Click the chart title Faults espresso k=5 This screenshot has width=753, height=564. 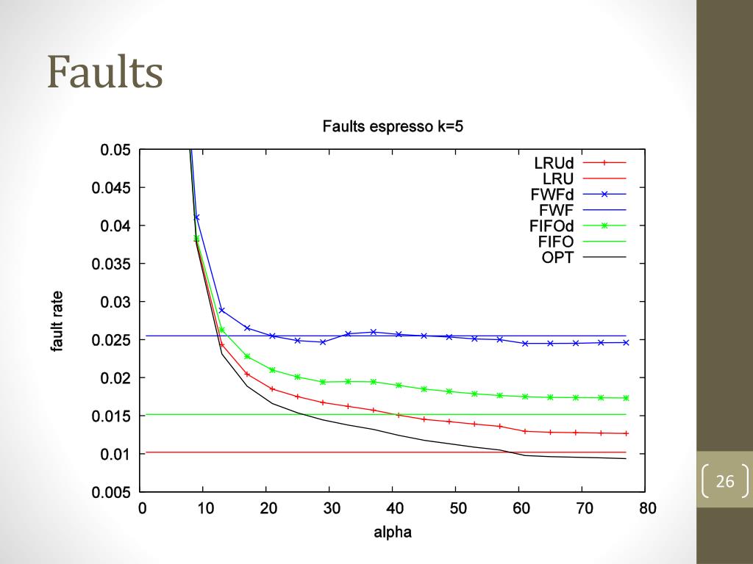pyautogui.click(x=393, y=126)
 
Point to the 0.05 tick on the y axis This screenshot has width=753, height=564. pyautogui.click(x=115, y=150)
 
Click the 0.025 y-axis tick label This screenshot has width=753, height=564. pyautogui.click(x=112, y=340)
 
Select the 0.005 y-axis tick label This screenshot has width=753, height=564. pyautogui.click(x=112, y=493)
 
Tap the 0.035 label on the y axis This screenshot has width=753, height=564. pyautogui.click(x=112, y=264)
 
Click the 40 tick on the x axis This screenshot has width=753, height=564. pyautogui.click(x=395, y=509)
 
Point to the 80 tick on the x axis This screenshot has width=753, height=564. pyautogui.click(x=647, y=509)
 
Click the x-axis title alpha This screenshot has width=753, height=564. pyautogui.click(x=393, y=532)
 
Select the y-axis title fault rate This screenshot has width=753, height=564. pyautogui.click(x=57, y=321)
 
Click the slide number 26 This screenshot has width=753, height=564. pyautogui.click(x=725, y=482)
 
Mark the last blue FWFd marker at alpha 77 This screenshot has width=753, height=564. pyautogui.click(x=627, y=342)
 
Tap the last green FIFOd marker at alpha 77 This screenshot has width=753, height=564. pyautogui.click(x=627, y=398)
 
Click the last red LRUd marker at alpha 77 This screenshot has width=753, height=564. pyautogui.click(x=627, y=433)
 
